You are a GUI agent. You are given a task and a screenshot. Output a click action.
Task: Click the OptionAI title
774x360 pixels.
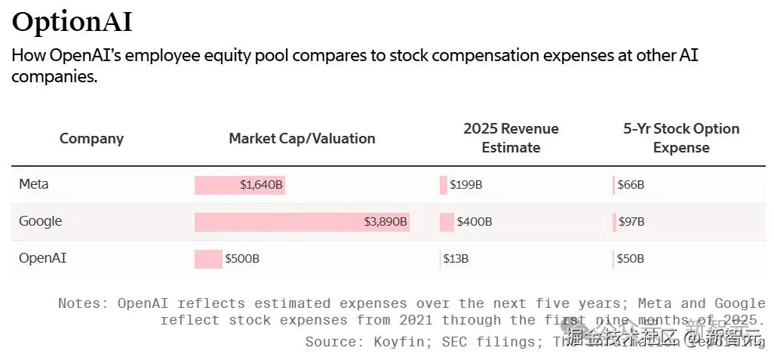pyautogui.click(x=72, y=22)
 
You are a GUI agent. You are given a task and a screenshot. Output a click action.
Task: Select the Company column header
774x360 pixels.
pyautogui.click(x=91, y=138)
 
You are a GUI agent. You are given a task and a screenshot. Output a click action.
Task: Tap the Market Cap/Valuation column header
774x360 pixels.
pyautogui.click(x=302, y=138)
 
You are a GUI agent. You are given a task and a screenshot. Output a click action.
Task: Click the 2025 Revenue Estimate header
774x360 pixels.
pyautogui.click(x=511, y=138)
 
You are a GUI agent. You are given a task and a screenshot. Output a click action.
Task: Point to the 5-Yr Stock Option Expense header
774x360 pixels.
pyautogui.click(x=681, y=138)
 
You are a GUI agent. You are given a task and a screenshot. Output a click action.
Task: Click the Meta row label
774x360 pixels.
pyautogui.click(x=34, y=184)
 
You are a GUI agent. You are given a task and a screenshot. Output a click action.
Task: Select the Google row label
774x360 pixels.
pyautogui.click(x=41, y=221)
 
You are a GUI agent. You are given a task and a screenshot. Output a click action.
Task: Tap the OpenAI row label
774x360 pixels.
pyautogui.click(x=43, y=258)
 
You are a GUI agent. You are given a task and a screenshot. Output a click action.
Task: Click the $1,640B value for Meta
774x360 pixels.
pyautogui.click(x=261, y=185)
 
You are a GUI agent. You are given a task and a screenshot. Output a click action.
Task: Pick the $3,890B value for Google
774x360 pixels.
pyautogui.click(x=385, y=222)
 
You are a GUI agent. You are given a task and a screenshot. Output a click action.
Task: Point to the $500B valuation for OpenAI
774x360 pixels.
pyautogui.click(x=242, y=259)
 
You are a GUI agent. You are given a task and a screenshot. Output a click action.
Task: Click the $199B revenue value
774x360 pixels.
pyautogui.click(x=465, y=185)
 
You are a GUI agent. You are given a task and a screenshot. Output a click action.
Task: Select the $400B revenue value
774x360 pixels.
pyautogui.click(x=475, y=222)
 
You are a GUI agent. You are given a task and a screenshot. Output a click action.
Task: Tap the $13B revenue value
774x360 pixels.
pyautogui.click(x=456, y=259)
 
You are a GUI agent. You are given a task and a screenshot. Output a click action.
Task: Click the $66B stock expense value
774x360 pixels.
pyautogui.click(x=631, y=185)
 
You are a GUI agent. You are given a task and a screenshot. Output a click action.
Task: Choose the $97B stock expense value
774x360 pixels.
pyautogui.click(x=631, y=222)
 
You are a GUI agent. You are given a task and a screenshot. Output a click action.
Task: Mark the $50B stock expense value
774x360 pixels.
pyautogui.click(x=631, y=259)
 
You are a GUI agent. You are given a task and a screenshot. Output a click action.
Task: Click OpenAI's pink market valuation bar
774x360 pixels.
pyautogui.click(x=208, y=259)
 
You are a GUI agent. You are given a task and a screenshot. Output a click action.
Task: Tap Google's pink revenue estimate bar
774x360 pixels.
pyautogui.click(x=447, y=222)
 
